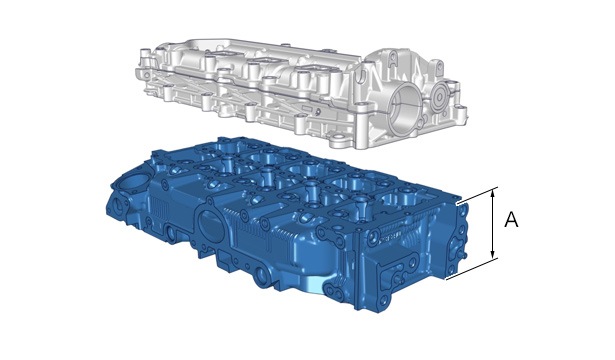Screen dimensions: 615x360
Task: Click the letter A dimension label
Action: pos(511,220)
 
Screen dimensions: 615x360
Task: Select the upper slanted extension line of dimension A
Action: pos(477,196)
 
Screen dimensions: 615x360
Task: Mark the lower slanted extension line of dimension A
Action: pos(472,269)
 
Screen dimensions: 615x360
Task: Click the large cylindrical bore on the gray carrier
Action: pos(404,110)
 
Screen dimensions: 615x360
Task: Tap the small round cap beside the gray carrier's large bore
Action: pos(439,97)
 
